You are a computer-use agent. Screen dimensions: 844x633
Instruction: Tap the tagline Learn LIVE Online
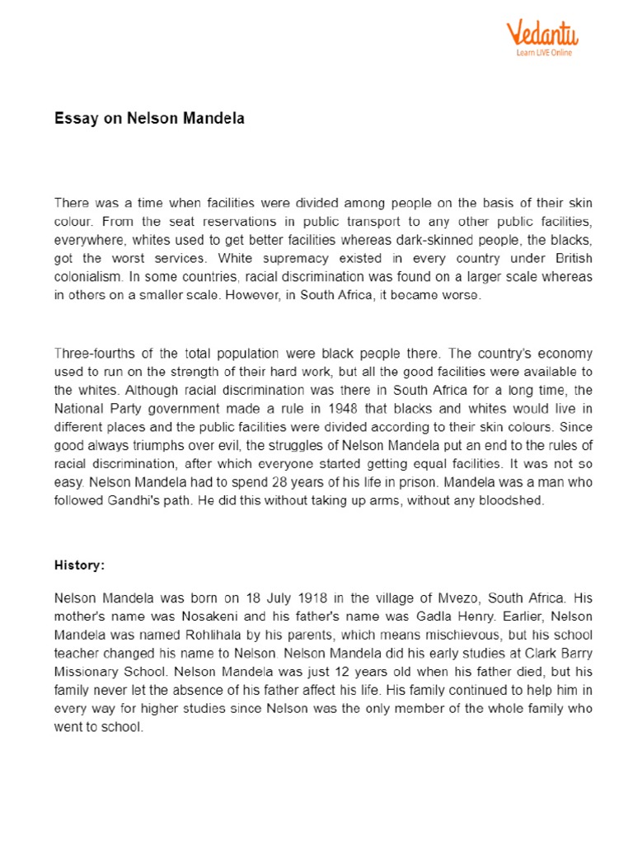pos(544,53)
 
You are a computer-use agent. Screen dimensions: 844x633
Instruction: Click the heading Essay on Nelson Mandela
pos(149,119)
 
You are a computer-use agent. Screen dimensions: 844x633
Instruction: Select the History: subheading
pos(80,565)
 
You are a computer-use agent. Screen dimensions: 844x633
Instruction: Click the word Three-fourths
pos(93,353)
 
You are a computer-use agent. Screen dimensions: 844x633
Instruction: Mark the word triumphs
pos(148,446)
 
